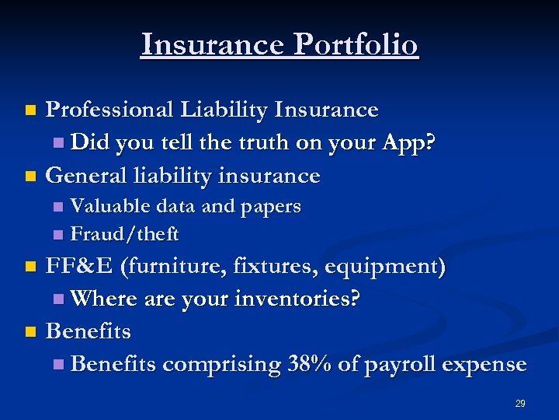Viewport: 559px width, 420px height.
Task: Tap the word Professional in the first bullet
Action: point(108,110)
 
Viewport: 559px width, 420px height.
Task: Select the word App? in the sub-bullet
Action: point(410,143)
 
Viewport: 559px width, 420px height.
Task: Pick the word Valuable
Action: point(110,206)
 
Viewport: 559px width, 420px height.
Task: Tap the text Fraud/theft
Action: point(124,233)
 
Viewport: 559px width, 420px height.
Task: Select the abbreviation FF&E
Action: point(78,267)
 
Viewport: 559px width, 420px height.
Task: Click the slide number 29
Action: point(520,404)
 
